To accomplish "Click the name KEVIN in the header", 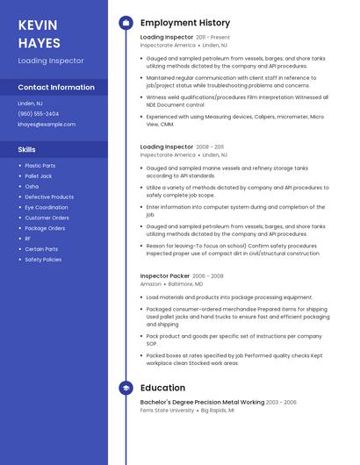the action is pyautogui.click(x=38, y=25).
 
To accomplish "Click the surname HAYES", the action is pyautogui.click(x=40, y=43).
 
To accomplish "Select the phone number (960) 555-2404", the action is pyautogui.click(x=39, y=114).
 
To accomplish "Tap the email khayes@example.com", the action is pyautogui.click(x=47, y=125).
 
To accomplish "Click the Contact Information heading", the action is pyautogui.click(x=56, y=88).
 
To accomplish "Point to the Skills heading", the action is pyautogui.click(x=27, y=150).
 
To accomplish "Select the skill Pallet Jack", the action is pyautogui.click(x=39, y=176).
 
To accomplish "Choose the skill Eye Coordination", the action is pyautogui.click(x=47, y=208).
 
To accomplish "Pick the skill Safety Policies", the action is pyautogui.click(x=43, y=260).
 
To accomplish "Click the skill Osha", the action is pyautogui.click(x=32, y=187).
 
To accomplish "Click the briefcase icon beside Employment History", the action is pyautogui.click(x=126, y=23).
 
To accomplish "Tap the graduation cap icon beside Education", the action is pyautogui.click(x=126, y=388).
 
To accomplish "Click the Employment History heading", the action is pyautogui.click(x=185, y=23).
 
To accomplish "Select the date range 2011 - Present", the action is pyautogui.click(x=213, y=38).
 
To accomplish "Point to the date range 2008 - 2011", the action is pyautogui.click(x=210, y=147).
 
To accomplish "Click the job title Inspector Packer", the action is pyautogui.click(x=164, y=275).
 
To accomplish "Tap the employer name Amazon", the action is pyautogui.click(x=151, y=284).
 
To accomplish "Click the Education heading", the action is pyautogui.click(x=162, y=388).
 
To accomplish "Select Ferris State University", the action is pyautogui.click(x=168, y=411).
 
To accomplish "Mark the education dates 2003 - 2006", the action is pyautogui.click(x=281, y=403).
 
